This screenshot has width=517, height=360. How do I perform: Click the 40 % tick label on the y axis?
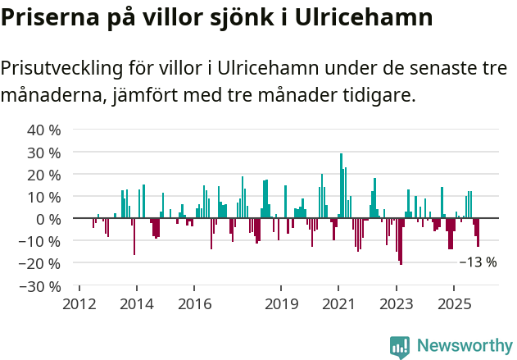click(x=44, y=130)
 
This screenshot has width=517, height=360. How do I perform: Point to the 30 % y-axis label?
click(x=44, y=153)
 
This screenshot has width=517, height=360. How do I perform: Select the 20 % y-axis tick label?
click(x=44, y=175)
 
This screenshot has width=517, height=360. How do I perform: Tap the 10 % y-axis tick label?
click(x=44, y=197)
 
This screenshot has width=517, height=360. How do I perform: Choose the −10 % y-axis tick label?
click(x=40, y=241)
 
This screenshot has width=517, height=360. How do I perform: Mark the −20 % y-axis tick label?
click(x=40, y=263)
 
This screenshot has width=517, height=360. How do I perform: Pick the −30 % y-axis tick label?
click(x=40, y=286)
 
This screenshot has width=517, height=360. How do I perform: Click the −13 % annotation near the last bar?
click(x=478, y=262)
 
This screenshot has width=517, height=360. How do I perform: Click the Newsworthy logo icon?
click(x=400, y=346)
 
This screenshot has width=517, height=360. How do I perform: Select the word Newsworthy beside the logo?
click(x=464, y=346)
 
